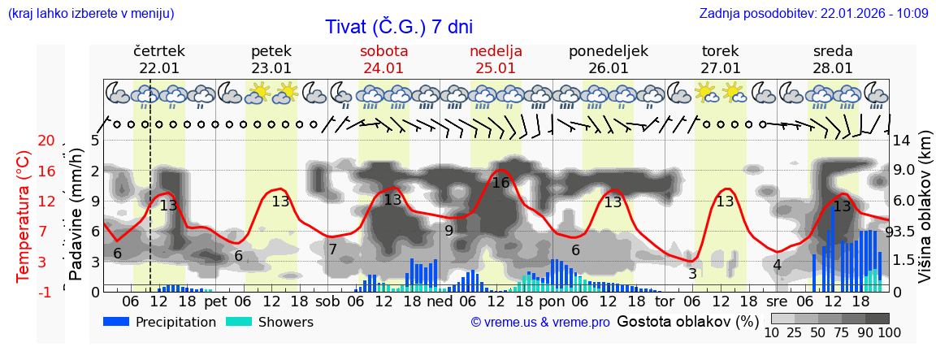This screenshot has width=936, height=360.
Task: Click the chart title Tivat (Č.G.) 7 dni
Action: pos(398,27)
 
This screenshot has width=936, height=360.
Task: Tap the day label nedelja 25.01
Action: pos(496,59)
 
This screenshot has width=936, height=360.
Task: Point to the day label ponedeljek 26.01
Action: pos(609,59)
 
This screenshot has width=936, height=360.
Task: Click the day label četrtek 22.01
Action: pos(159,59)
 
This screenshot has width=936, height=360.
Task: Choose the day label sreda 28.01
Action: pos(833,59)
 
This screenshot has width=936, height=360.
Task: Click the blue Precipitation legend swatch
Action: pos(117,322)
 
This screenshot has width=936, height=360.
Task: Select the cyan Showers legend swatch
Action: pos(239,322)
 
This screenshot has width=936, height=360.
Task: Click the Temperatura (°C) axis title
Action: pos(24,216)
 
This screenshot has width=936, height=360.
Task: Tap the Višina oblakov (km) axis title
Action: pos(925,216)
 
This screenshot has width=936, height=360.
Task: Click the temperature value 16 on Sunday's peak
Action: pos(500,183)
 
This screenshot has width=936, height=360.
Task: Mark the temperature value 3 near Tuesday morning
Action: pos(692,274)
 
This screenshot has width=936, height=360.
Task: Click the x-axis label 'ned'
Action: pos(440,302)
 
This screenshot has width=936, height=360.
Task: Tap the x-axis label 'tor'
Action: pos(665,302)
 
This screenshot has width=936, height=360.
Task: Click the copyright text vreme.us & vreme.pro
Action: pos(540,322)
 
